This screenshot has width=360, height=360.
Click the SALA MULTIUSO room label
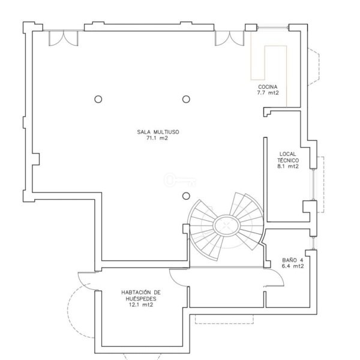tap(158, 132)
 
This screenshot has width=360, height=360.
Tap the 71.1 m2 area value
tap(157, 138)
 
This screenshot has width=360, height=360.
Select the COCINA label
tap(268, 87)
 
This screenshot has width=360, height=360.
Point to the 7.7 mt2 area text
tap(268, 93)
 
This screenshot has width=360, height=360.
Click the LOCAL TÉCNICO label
tap(288, 157)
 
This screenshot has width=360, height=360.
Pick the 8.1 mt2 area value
tap(288, 166)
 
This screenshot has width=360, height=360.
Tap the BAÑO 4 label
tap(293, 260)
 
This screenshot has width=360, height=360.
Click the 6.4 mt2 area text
tap(293, 266)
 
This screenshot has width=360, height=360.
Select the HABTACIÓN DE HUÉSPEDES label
tap(141, 295)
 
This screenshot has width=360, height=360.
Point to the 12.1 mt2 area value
tap(141, 305)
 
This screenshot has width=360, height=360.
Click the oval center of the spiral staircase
tap(227, 226)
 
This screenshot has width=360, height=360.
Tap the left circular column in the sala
tap(98, 99)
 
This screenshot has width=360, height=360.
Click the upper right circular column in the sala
tap(186, 99)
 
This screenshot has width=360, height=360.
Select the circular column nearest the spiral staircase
tap(186, 196)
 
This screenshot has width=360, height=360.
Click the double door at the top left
tap(64, 38)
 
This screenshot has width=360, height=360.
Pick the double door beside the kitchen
tap(230, 38)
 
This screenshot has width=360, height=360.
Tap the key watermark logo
tap(180, 180)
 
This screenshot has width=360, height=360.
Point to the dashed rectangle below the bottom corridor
tap(224, 319)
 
